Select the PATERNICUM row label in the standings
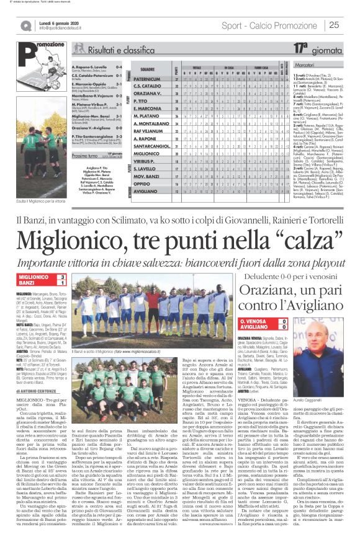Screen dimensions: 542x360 tap(147, 79)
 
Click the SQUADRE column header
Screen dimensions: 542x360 tap(147, 68)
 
